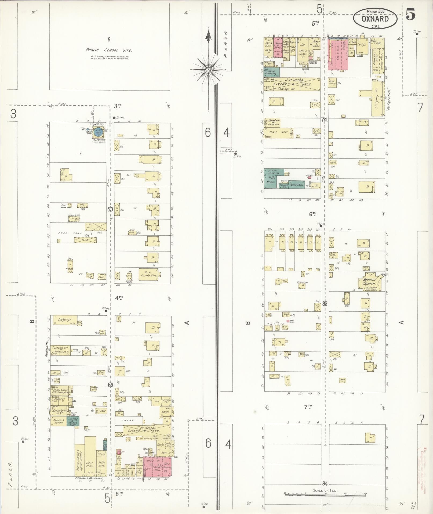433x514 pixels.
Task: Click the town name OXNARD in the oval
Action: [x=375, y=19]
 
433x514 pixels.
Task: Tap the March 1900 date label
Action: [x=375, y=12]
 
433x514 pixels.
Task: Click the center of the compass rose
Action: [x=208, y=70]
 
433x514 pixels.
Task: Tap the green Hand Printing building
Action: [x=272, y=72]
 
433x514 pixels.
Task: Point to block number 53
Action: [x=110, y=209]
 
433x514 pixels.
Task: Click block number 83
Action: [x=325, y=304]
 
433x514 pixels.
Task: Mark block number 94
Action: [x=325, y=484]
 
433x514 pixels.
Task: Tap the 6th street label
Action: [x=312, y=214]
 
